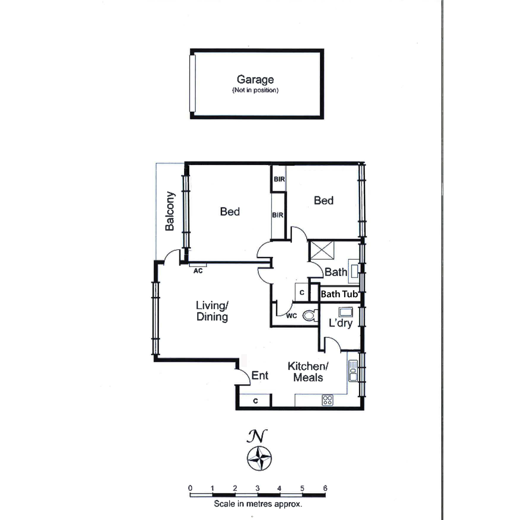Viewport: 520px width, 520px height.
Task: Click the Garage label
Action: click(x=255, y=80)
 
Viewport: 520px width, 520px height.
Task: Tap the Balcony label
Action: click(x=170, y=211)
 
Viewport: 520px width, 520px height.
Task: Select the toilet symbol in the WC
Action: click(x=310, y=315)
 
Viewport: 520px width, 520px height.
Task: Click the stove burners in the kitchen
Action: click(x=328, y=400)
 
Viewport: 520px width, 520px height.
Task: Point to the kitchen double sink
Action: click(x=353, y=371)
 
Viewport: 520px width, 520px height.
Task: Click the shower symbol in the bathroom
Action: click(x=322, y=250)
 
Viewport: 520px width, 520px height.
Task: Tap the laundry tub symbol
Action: click(x=346, y=312)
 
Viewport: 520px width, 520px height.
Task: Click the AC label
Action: click(x=198, y=271)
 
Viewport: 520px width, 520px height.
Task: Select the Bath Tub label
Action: click(x=339, y=294)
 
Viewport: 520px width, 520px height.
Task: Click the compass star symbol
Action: click(x=259, y=458)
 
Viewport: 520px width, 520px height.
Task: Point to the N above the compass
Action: click(x=257, y=436)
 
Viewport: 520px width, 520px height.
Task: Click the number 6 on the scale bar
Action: click(x=325, y=488)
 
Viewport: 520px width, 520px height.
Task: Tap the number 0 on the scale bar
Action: click(x=190, y=488)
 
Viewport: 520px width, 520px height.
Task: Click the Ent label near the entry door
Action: click(x=260, y=375)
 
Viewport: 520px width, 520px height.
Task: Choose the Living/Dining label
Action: click(x=212, y=311)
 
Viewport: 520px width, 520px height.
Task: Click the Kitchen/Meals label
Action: click(x=308, y=372)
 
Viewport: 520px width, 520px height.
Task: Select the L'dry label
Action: click(x=341, y=323)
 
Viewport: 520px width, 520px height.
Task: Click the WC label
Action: click(x=292, y=316)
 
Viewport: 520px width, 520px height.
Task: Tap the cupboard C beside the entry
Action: click(x=255, y=401)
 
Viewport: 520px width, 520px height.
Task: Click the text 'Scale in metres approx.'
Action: click(x=258, y=504)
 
